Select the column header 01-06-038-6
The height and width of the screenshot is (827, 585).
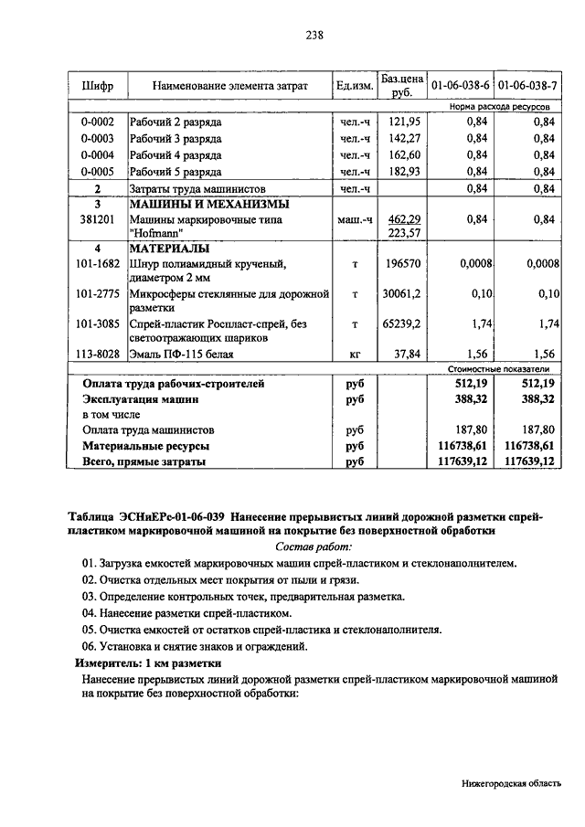[x=460, y=86]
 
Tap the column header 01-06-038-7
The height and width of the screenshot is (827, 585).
[x=527, y=86]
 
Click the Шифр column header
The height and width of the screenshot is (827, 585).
[x=97, y=86]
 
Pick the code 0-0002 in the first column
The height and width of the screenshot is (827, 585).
[x=97, y=122]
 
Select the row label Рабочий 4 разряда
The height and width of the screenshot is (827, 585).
[x=175, y=154]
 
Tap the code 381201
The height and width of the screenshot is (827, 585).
[x=97, y=220]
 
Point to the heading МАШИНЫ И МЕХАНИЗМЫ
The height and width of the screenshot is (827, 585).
[x=209, y=204]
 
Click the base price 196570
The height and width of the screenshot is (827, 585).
[x=403, y=264]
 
